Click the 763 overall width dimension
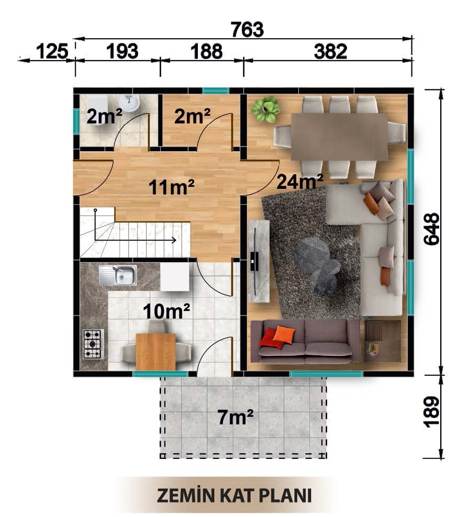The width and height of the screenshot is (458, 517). [x=247, y=29]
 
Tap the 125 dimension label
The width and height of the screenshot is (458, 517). [x=52, y=52]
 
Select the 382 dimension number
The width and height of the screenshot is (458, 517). [x=330, y=52]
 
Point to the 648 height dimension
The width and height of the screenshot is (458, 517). [x=432, y=229]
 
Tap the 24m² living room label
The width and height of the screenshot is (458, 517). [x=300, y=181]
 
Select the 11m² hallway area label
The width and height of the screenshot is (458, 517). [x=172, y=187]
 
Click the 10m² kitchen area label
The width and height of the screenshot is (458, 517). [x=166, y=311]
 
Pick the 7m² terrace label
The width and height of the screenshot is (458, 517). [x=236, y=418]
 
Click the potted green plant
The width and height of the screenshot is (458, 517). [x=265, y=109]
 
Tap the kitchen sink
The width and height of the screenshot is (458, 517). [x=118, y=275]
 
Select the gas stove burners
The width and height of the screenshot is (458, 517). [x=93, y=344]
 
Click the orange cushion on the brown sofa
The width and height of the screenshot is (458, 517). [x=284, y=334]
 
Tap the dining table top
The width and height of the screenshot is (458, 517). [x=339, y=137]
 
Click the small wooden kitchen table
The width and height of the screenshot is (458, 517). [x=155, y=351]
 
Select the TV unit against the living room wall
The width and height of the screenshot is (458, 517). [x=260, y=261]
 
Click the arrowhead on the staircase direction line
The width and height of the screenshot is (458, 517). [x=173, y=240]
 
